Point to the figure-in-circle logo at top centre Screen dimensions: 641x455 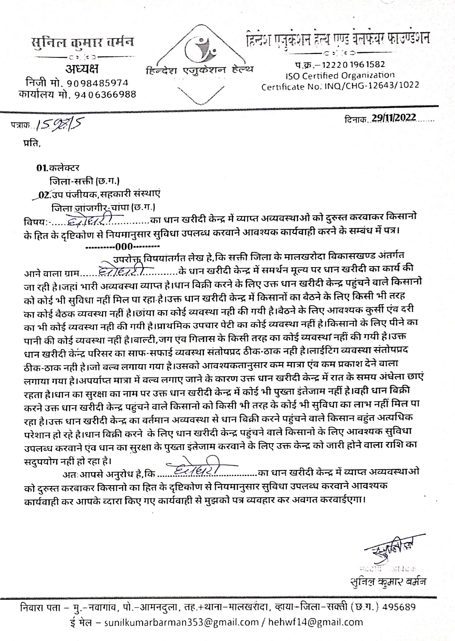[x=200, y=48]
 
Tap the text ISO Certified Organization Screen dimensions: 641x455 [x=340, y=75]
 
